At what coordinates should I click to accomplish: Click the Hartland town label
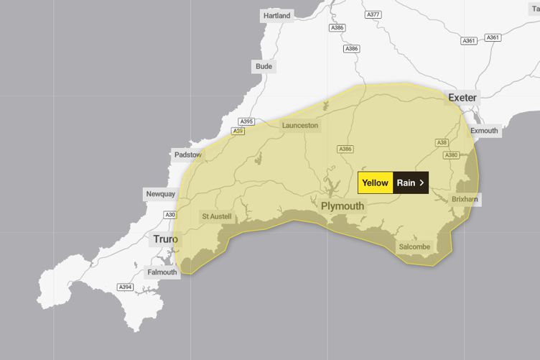pyautogui.click(x=276, y=16)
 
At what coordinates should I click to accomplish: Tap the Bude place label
pyautogui.click(x=264, y=67)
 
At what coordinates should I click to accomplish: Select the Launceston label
pyautogui.click(x=299, y=125)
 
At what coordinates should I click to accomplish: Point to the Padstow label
pyautogui.click(x=187, y=154)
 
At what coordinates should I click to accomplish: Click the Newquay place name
pyautogui.click(x=160, y=194)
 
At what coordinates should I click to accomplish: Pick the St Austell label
pyautogui.click(x=216, y=216)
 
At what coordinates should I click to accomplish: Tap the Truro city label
pyautogui.click(x=165, y=239)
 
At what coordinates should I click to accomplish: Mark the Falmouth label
pyautogui.click(x=162, y=272)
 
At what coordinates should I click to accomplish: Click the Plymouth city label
pyautogui.click(x=343, y=206)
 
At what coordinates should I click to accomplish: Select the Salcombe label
pyautogui.click(x=414, y=247)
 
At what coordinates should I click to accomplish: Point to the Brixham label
pyautogui.click(x=465, y=199)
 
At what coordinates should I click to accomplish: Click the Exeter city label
pyautogui.click(x=462, y=97)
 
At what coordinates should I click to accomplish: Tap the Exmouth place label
pyautogui.click(x=484, y=131)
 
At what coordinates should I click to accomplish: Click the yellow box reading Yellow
pyautogui.click(x=375, y=183)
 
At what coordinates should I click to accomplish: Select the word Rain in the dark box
pyautogui.click(x=406, y=183)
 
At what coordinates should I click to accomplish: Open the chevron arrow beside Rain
pyautogui.click(x=422, y=183)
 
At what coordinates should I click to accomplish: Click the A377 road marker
pyautogui.click(x=373, y=14)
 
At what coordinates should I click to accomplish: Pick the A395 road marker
pyautogui.click(x=246, y=121)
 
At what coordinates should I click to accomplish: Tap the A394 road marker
pyautogui.click(x=125, y=287)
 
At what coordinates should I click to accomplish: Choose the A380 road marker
pyautogui.click(x=451, y=155)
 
